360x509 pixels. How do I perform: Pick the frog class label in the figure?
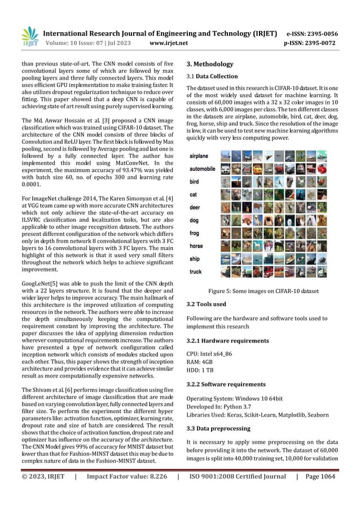point(195,232)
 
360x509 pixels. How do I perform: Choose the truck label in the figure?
point(196,271)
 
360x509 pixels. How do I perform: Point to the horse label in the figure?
point(197,246)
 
